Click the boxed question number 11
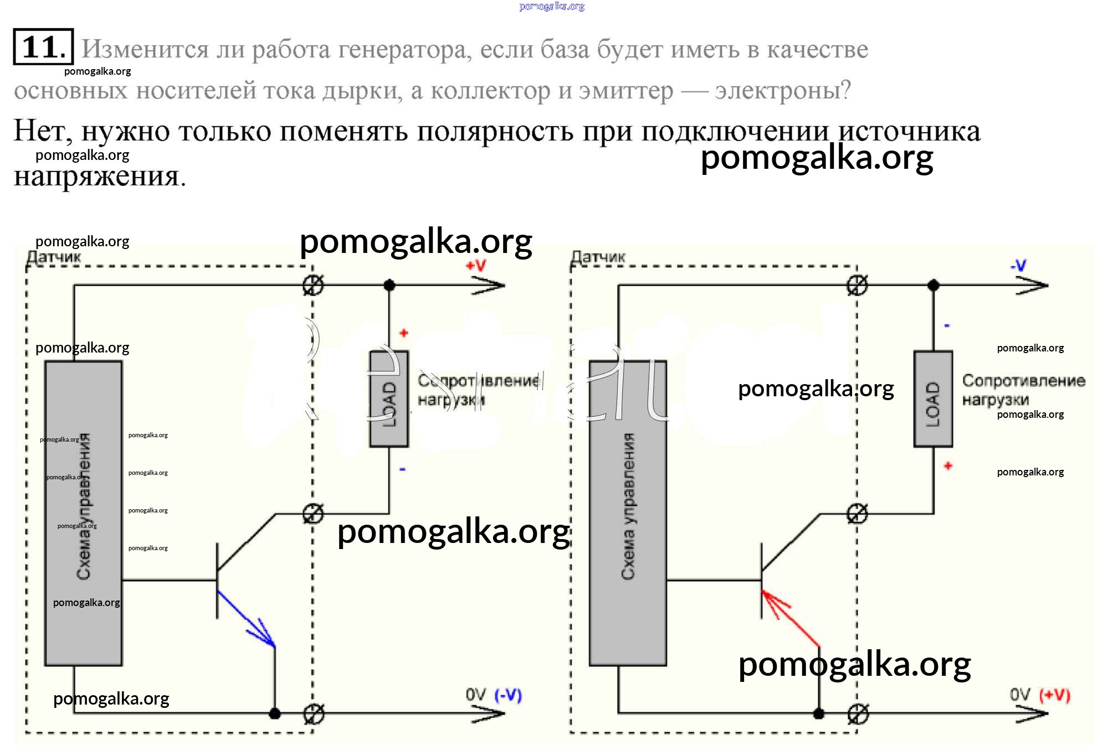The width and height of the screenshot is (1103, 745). point(43,47)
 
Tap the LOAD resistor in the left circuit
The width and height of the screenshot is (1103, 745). point(389,399)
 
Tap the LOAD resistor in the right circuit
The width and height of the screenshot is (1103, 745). point(933,399)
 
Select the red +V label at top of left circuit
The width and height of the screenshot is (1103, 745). point(476,266)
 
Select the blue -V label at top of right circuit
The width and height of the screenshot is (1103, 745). point(1018,266)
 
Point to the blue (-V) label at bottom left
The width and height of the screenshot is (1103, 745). point(508,695)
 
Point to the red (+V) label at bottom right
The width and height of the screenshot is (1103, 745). point(1054,695)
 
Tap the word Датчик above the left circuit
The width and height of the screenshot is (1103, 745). point(54,257)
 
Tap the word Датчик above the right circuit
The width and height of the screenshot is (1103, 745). point(598,257)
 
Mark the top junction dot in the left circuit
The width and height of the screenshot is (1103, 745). point(389,286)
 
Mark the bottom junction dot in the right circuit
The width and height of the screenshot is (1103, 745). point(819,713)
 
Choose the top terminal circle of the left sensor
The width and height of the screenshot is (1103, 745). point(314,285)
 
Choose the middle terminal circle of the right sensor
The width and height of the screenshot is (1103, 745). point(858,514)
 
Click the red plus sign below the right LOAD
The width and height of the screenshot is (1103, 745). point(948,466)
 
